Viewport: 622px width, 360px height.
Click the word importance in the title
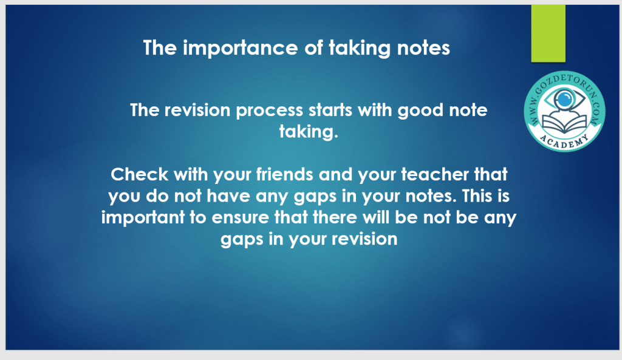click(x=240, y=49)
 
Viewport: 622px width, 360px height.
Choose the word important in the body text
click(x=143, y=218)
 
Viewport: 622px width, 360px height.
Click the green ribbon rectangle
click(x=549, y=33)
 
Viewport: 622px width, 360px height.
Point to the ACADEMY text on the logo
click(x=564, y=141)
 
